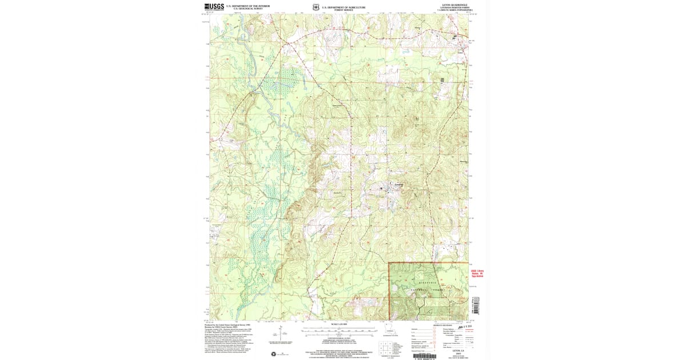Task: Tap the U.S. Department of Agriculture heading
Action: coord(345,6)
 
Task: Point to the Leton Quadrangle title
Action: coord(455,5)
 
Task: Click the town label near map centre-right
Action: coord(398,185)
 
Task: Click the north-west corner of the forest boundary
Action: coord(389,263)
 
